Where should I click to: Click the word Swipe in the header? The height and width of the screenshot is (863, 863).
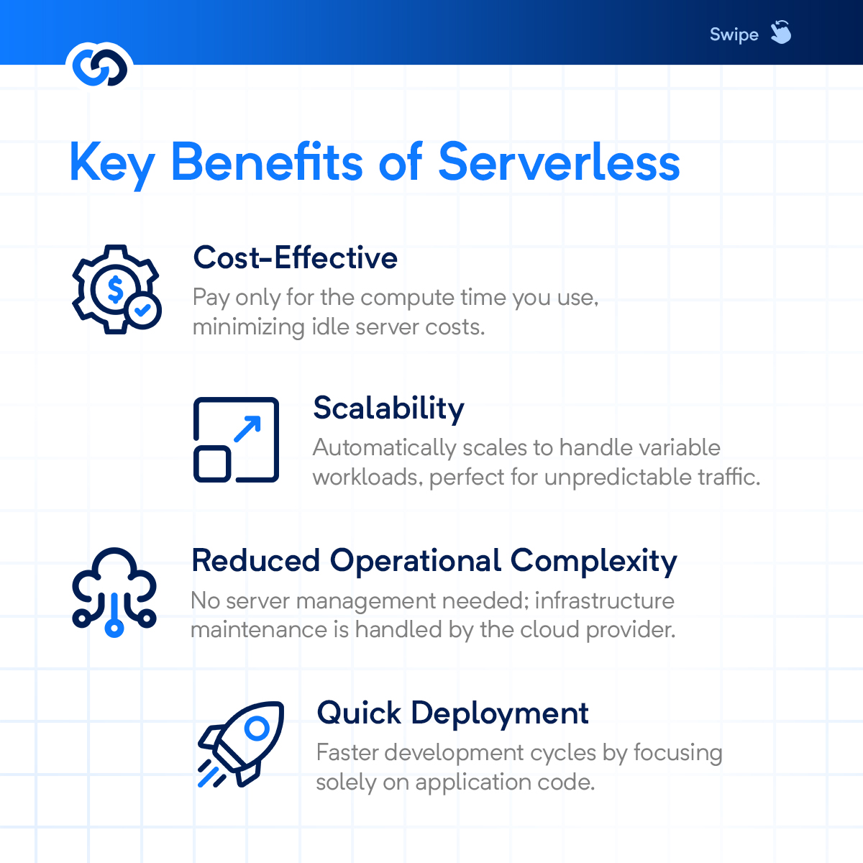(x=734, y=35)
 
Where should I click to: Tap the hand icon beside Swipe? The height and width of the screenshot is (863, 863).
(x=780, y=32)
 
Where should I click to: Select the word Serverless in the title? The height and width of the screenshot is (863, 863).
(x=559, y=162)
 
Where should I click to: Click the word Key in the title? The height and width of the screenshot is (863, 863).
(x=111, y=163)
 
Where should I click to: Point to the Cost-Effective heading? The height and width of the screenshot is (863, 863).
(x=295, y=257)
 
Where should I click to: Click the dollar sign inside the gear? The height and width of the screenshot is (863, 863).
(x=115, y=289)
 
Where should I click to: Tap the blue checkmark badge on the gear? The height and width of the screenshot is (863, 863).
(x=143, y=311)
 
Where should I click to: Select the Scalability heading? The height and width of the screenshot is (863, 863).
(x=388, y=408)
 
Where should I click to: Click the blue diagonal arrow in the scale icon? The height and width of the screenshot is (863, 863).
(x=247, y=429)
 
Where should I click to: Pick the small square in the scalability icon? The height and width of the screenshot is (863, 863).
(x=213, y=463)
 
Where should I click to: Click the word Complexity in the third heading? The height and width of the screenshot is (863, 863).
(x=593, y=561)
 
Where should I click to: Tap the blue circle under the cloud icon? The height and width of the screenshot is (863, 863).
(x=114, y=627)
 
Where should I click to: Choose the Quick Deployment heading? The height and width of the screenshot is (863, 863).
(x=452, y=713)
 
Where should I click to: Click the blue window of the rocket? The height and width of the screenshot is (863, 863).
(x=255, y=729)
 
